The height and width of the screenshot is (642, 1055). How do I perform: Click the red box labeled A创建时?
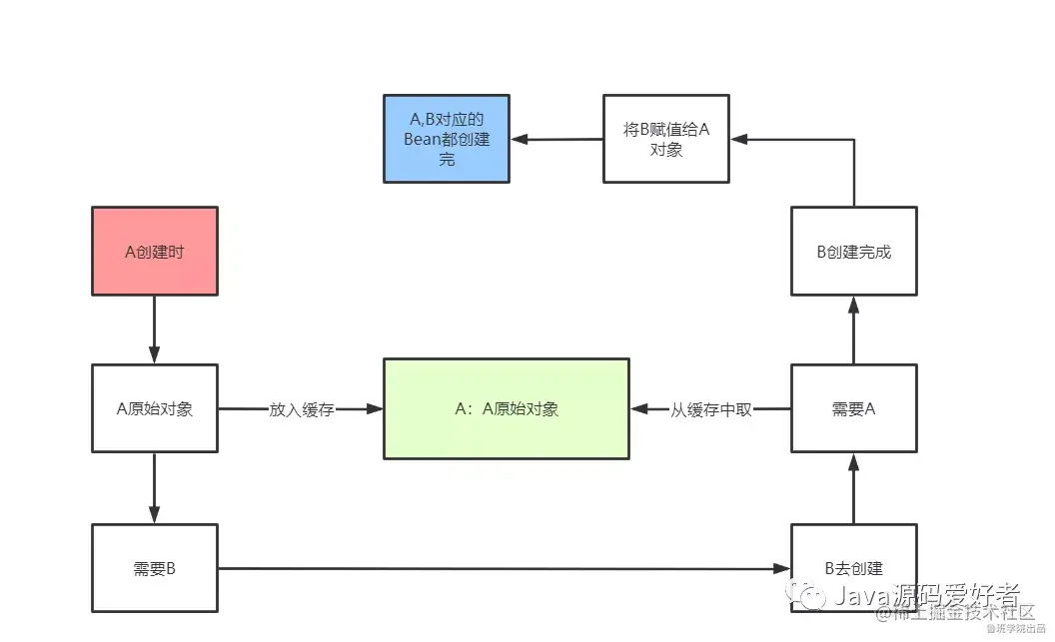[x=155, y=251]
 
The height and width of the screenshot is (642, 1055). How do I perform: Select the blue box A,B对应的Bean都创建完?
[x=447, y=139]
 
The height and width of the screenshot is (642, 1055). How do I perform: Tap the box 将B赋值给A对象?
[x=665, y=139]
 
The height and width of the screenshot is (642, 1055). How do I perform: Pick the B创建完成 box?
[x=853, y=251]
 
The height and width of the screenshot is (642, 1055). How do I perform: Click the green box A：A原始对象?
[x=507, y=408]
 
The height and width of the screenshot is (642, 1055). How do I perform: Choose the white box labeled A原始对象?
[x=155, y=408]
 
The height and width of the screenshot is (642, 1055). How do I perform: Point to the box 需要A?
[x=853, y=408]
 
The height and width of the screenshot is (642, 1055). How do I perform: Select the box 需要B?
[x=155, y=568]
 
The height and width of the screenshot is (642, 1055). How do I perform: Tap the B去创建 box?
[x=853, y=568]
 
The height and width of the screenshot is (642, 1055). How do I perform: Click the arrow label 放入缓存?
[x=301, y=409]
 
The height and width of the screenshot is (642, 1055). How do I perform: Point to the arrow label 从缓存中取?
[x=710, y=409]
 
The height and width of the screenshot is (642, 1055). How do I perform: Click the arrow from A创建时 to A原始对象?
[x=155, y=329]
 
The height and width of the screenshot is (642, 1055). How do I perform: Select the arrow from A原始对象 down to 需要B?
[x=155, y=488]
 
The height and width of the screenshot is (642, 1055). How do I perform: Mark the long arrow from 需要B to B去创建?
[x=500, y=569]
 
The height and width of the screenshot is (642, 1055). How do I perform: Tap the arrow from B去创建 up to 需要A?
[x=853, y=488]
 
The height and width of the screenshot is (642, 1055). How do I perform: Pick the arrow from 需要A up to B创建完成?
[x=853, y=329]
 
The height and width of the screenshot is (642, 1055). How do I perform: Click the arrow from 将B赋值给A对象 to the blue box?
[x=555, y=139]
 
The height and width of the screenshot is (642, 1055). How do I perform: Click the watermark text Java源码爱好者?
[x=925, y=596]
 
